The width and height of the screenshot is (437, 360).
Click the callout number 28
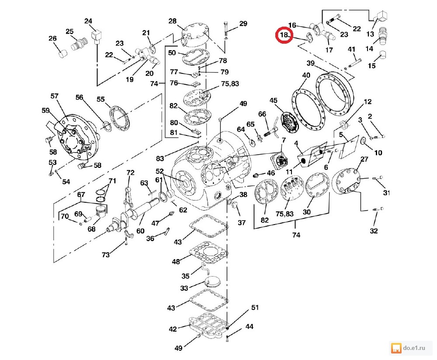[x=173, y=21]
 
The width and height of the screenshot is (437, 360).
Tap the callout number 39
[x=310, y=63]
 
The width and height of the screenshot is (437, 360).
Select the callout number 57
[x=54, y=96]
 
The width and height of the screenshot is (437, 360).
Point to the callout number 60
[x=140, y=231]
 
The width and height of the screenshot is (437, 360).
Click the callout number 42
[x=173, y=329]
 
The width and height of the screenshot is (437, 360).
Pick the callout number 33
[x=184, y=288]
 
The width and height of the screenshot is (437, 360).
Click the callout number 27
[x=364, y=159]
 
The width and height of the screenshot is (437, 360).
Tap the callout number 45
[x=274, y=100]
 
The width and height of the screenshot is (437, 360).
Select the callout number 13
[x=370, y=34]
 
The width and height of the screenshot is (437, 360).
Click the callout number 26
[x=52, y=38]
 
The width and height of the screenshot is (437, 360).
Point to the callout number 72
[x=130, y=173]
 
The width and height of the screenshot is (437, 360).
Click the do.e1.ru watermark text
[x=414, y=348]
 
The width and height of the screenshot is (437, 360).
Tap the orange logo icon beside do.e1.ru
[x=396, y=348]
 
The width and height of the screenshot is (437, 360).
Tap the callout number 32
[x=374, y=231]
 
